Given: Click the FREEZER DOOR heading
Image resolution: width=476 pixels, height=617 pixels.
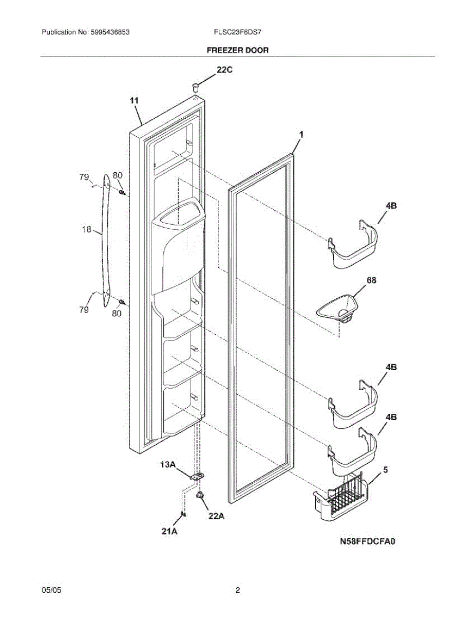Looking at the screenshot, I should coord(237,50).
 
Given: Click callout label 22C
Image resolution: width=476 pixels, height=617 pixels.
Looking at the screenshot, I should coord(224,71).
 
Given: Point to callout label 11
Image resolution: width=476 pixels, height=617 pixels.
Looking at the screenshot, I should coord(134,101).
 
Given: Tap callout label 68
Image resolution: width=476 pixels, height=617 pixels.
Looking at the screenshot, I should coord(371,280).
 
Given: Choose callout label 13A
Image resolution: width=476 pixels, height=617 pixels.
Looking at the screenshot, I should coord(168,465).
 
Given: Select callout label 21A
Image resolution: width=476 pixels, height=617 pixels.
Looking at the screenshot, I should coord(169,532).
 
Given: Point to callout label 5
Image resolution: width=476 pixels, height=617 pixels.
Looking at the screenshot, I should coord(385,469).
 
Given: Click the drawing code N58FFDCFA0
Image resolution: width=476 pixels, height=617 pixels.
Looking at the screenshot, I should coord(369,541).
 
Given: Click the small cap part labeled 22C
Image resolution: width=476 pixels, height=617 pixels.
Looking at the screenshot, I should coord(196,84).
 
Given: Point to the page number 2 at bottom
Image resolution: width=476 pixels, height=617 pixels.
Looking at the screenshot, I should coord(238,591).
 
